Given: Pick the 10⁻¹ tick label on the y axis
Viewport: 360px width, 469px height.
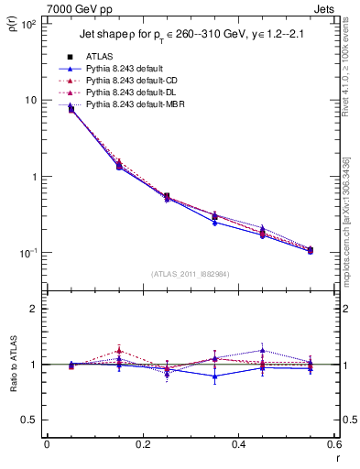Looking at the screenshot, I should coord(27,253).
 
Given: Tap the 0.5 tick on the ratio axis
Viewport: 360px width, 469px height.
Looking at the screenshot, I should coord(29,420).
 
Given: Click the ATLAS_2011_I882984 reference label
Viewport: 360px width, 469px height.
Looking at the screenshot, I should coord(190,274).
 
